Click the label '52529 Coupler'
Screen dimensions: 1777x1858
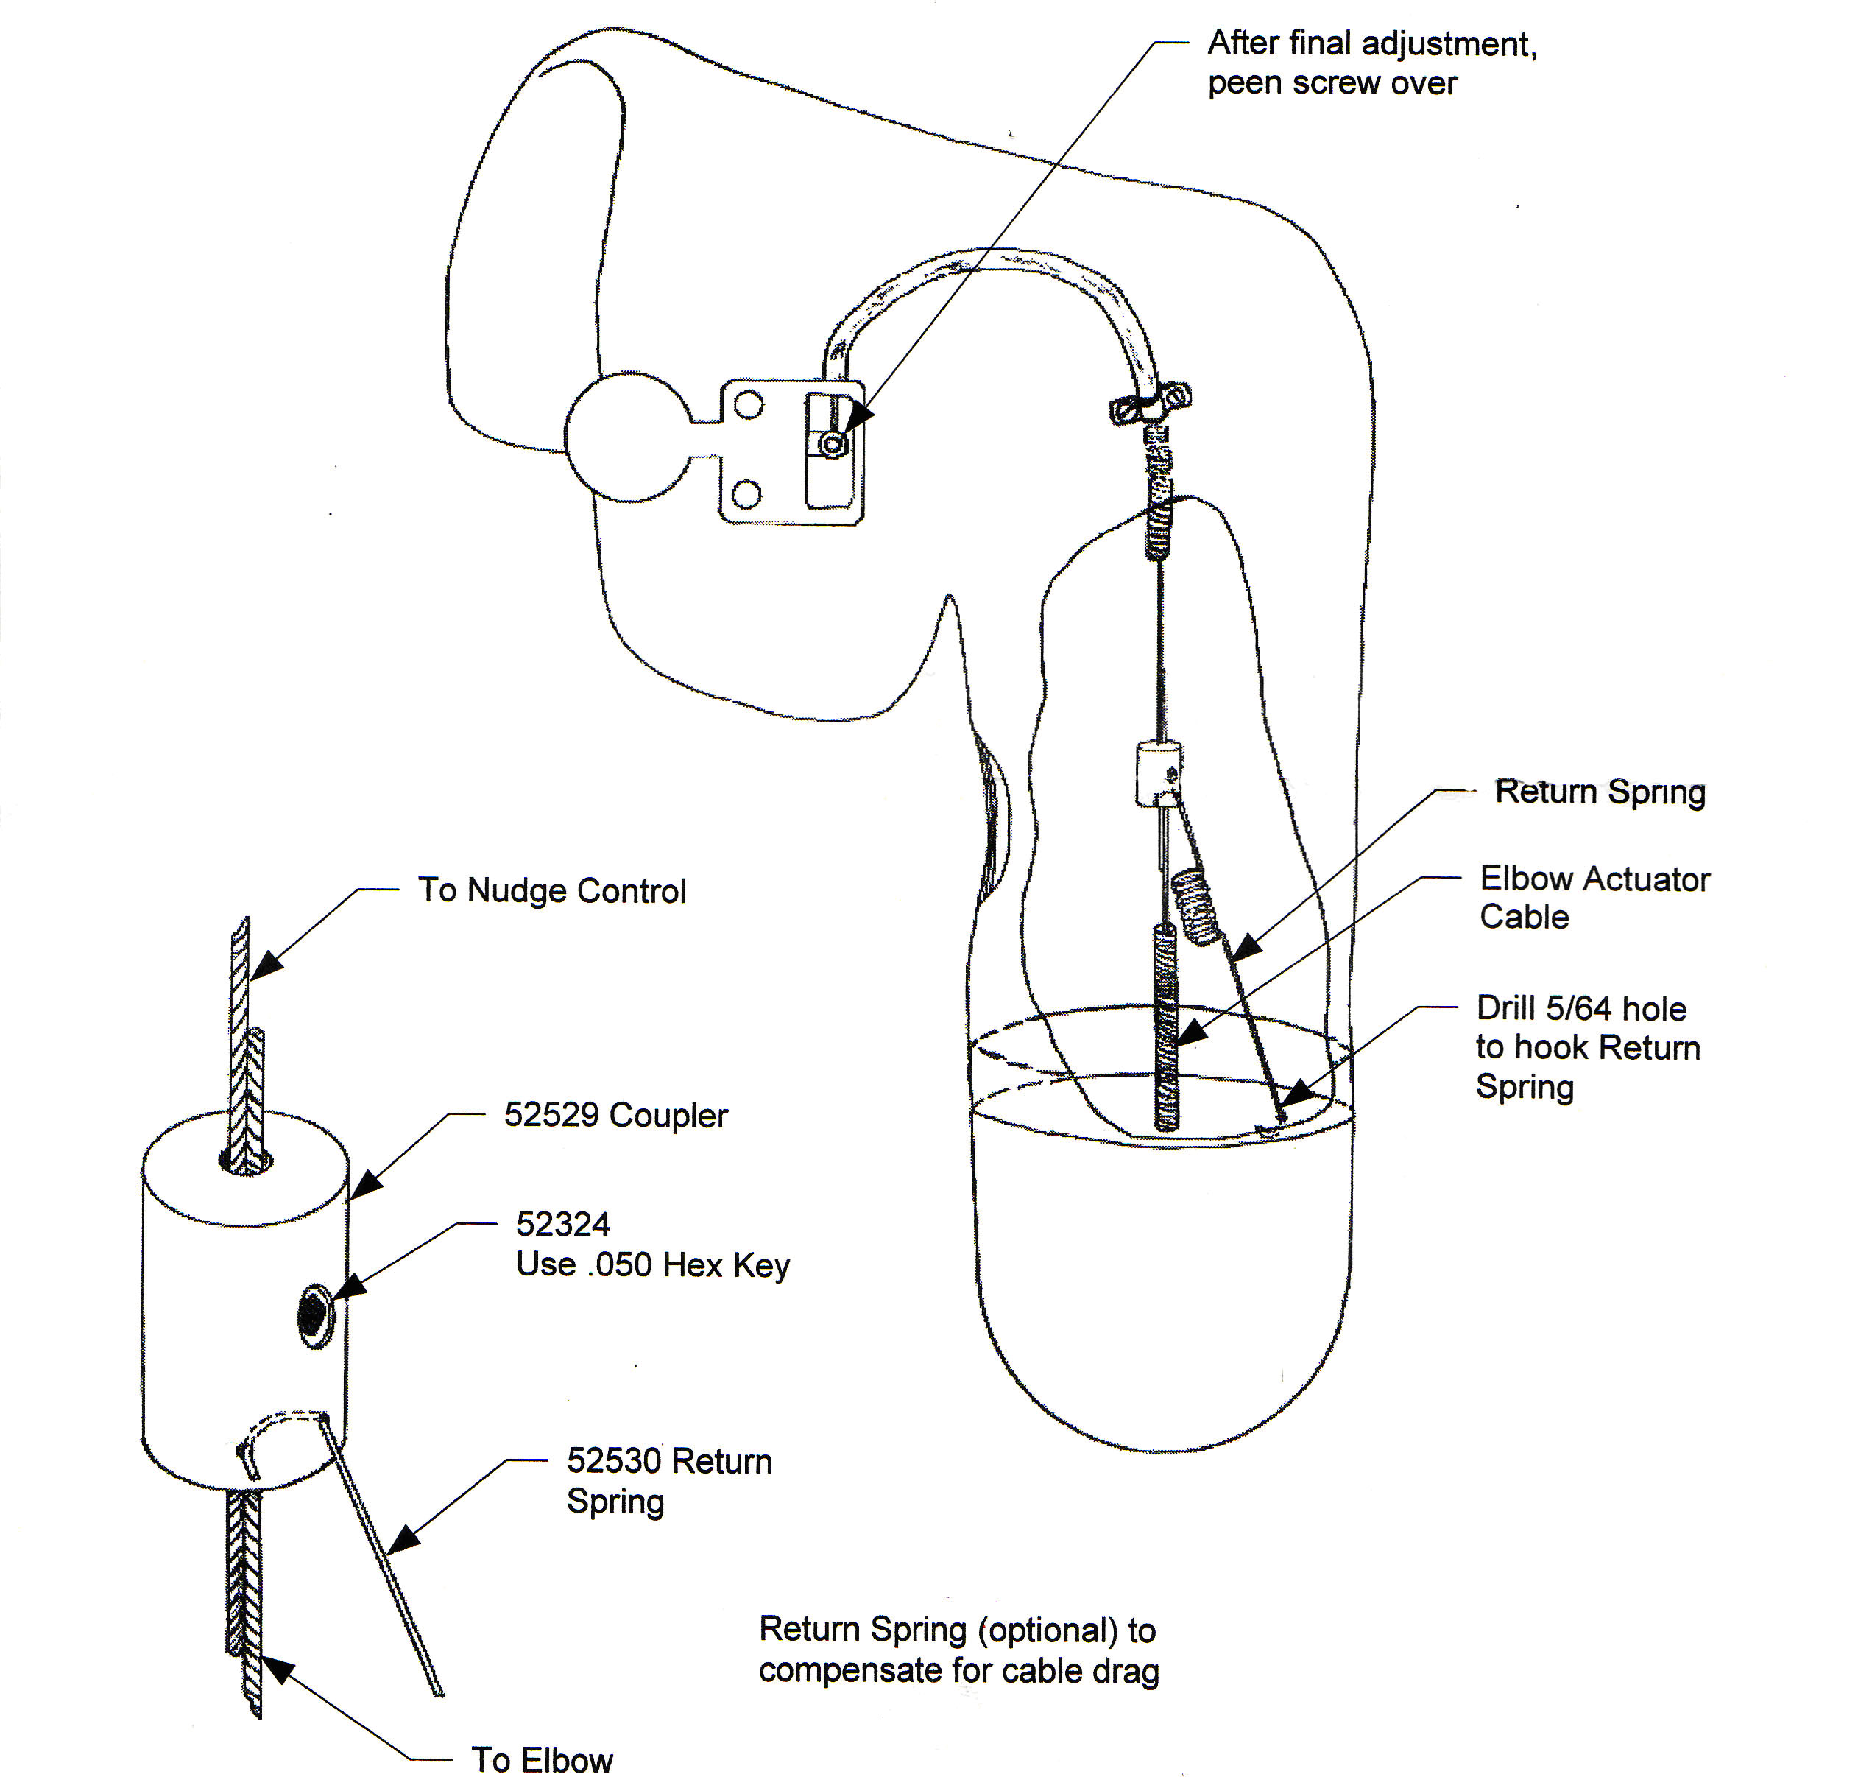615,1115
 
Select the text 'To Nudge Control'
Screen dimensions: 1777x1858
551,890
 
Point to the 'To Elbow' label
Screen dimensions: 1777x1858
542,1759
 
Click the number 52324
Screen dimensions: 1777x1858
562,1225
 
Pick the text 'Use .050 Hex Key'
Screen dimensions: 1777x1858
652,1264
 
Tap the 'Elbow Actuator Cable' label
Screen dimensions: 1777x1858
1594,897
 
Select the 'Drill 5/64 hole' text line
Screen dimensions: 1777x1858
1580,1008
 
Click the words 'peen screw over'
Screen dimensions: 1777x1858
1332,83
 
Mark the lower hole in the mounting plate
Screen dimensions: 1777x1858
747,493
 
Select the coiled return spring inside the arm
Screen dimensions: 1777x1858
1194,907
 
